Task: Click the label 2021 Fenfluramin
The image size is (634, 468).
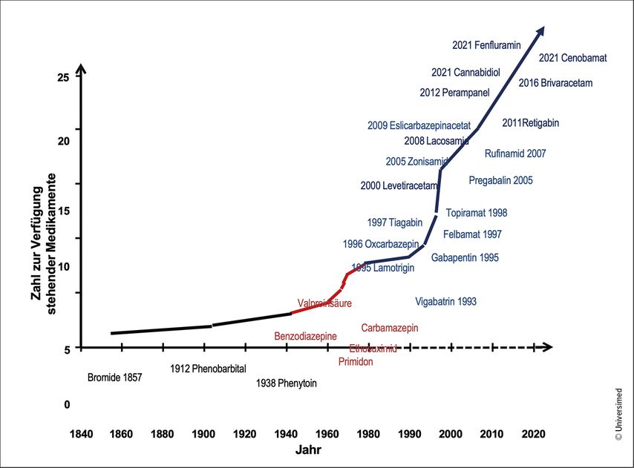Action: [486, 45]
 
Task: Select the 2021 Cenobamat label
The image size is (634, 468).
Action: [572, 58]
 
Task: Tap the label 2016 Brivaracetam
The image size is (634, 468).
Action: [555, 83]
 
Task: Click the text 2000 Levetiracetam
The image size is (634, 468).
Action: [399, 185]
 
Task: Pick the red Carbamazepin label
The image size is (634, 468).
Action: [390, 328]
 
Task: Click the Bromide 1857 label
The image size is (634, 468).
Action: [114, 378]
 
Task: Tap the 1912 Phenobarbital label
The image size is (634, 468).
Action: [207, 369]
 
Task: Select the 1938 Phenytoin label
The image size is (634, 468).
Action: [286, 383]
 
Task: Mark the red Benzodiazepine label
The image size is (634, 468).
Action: [305, 336]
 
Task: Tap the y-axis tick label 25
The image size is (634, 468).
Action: [62, 77]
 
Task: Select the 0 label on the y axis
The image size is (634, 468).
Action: [66, 405]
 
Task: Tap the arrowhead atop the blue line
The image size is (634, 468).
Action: [540, 30]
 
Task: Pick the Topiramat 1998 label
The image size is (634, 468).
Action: [477, 213]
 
